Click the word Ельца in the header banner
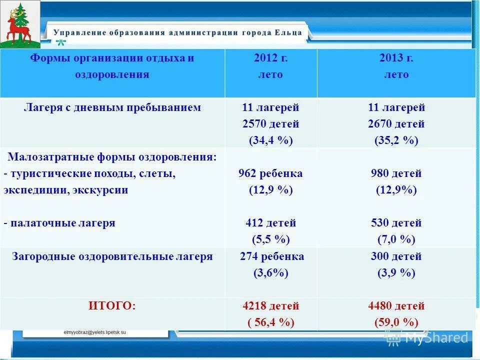click(x=288, y=32)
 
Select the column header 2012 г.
click(x=270, y=58)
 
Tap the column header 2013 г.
click(x=396, y=58)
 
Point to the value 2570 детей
click(x=270, y=124)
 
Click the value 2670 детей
click(x=396, y=124)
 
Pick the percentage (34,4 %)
click(x=270, y=140)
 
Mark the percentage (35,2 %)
click(x=396, y=140)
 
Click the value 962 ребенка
click(x=270, y=173)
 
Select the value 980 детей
click(x=396, y=173)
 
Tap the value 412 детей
click(x=270, y=223)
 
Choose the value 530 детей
click(x=396, y=223)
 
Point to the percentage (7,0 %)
click(x=396, y=239)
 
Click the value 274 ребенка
click(x=270, y=256)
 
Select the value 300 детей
click(x=396, y=256)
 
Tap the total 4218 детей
click(x=270, y=306)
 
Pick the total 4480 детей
click(x=396, y=306)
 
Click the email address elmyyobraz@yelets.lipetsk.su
click(x=95, y=332)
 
